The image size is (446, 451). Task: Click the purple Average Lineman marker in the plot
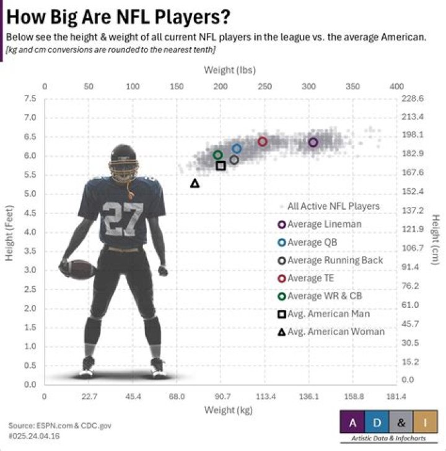pos(313,142)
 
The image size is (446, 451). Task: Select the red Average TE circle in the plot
pos(263,142)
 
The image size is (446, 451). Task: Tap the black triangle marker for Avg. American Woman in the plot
pos(195,183)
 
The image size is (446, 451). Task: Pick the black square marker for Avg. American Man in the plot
pos(221,165)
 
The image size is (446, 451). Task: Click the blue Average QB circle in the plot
pos(237,149)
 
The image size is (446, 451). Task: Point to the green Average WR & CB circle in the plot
pos(217,155)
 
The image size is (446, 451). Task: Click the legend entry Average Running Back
pos(334,260)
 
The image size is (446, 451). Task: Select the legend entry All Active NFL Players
pos(333,206)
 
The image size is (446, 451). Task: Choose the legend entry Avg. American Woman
pos(335,331)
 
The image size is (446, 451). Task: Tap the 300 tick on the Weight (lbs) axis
pos(308,86)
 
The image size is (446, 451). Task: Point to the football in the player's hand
pos(79,269)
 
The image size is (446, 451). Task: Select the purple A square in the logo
pos(352,423)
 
